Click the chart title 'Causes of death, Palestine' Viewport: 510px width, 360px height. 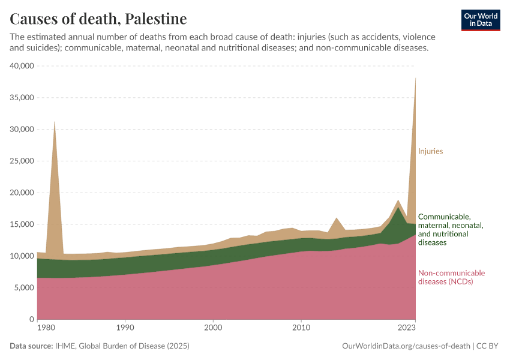(x=98, y=19)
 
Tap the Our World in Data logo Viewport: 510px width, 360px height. (x=480, y=20)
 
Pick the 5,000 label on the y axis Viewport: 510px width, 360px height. (x=23, y=288)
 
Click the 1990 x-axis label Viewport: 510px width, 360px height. (x=125, y=328)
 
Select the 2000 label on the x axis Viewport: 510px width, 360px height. (x=213, y=328)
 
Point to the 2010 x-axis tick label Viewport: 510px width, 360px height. (x=301, y=328)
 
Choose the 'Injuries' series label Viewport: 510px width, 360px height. (x=430, y=151)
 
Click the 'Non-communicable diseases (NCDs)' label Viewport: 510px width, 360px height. (x=451, y=277)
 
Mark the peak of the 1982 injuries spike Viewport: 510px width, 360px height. (x=55, y=122)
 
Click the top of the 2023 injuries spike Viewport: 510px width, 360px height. (x=415, y=77)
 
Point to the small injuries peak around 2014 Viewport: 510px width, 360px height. (x=337, y=218)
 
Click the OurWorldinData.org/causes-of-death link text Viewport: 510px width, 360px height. (x=406, y=346)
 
